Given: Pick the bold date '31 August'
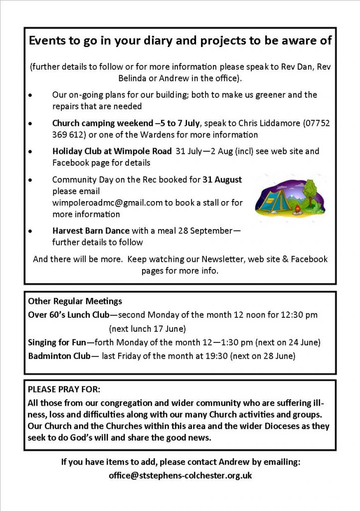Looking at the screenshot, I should click(x=222, y=180).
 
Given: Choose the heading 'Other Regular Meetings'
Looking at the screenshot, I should click(x=75, y=301).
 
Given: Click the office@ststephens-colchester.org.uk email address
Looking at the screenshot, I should click(x=180, y=476).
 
